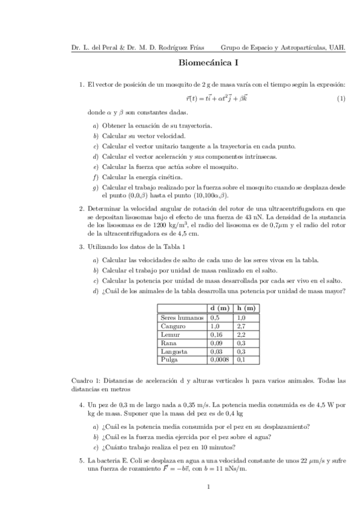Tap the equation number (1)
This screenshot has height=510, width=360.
[341, 98]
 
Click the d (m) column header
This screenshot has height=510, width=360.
[221, 308]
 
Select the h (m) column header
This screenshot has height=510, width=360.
[246, 308]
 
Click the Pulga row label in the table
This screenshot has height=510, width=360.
[169, 359]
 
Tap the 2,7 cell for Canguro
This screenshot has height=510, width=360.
[242, 325]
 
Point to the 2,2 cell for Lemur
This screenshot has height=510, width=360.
[242, 334]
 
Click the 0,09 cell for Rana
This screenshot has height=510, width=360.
[216, 342]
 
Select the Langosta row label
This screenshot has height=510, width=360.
[174, 351]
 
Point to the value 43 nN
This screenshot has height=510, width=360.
[284, 216]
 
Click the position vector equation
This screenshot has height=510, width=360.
[209, 98]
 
